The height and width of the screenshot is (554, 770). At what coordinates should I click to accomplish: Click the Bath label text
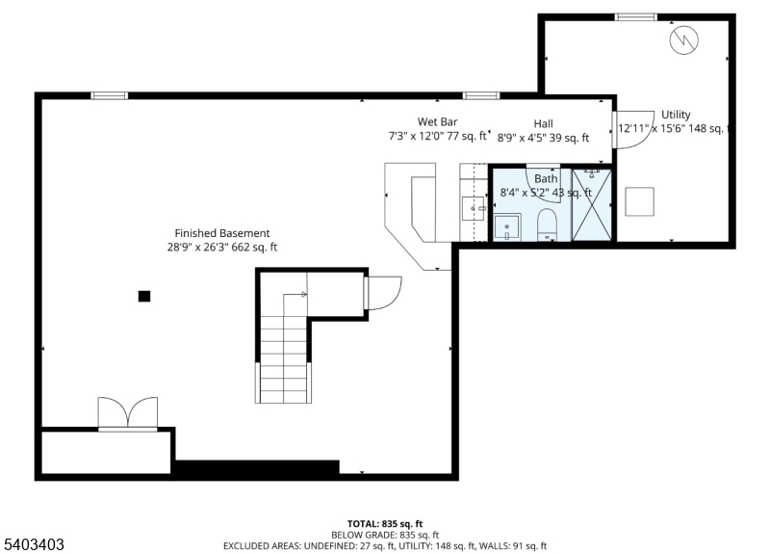pyautogui.click(x=546, y=179)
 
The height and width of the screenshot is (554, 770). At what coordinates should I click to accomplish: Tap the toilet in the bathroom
pyautogui.click(x=547, y=225)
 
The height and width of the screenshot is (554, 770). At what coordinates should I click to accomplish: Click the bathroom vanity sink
pyautogui.click(x=507, y=227)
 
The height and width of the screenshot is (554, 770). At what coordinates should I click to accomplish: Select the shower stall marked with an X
pyautogui.click(x=592, y=205)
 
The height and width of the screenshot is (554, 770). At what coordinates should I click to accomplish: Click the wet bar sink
pyautogui.click(x=474, y=208)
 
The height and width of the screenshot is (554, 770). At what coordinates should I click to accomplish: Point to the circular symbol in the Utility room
pyautogui.click(x=684, y=40)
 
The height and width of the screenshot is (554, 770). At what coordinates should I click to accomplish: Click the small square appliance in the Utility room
pyautogui.click(x=639, y=201)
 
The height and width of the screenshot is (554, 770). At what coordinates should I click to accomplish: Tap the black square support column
pyautogui.click(x=143, y=296)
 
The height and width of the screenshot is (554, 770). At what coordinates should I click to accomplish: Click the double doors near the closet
pyautogui.click(x=128, y=413)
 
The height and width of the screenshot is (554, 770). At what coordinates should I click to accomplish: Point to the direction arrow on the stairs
pyautogui.click(x=295, y=295)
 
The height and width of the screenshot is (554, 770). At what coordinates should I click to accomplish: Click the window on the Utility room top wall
pyautogui.click(x=636, y=17)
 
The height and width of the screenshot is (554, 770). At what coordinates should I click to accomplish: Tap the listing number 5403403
pyautogui.click(x=34, y=544)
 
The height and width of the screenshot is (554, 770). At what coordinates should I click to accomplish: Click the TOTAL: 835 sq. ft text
pyautogui.click(x=385, y=524)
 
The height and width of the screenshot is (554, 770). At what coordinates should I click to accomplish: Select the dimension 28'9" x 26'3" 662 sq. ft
pyautogui.click(x=222, y=247)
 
